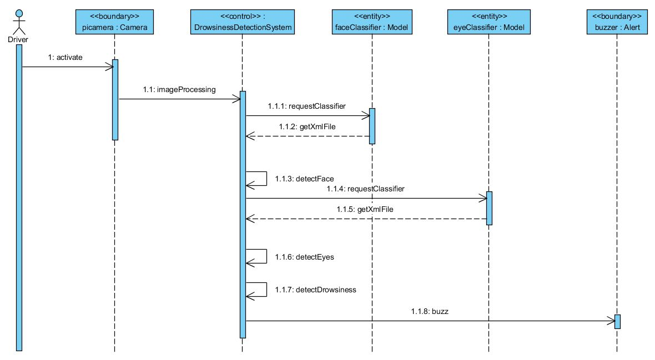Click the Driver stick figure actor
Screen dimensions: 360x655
tap(18, 22)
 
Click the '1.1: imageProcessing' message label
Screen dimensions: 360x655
tap(179, 89)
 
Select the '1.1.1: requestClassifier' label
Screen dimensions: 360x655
tap(307, 105)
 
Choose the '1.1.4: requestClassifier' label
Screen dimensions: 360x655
tap(366, 189)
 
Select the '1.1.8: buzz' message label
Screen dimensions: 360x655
tap(431, 311)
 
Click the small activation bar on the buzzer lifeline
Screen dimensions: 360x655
tap(617, 322)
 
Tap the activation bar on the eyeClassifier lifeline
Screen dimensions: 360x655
tap(489, 208)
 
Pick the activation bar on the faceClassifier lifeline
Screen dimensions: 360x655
tap(372, 126)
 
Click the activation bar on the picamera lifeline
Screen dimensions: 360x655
tap(115, 100)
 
